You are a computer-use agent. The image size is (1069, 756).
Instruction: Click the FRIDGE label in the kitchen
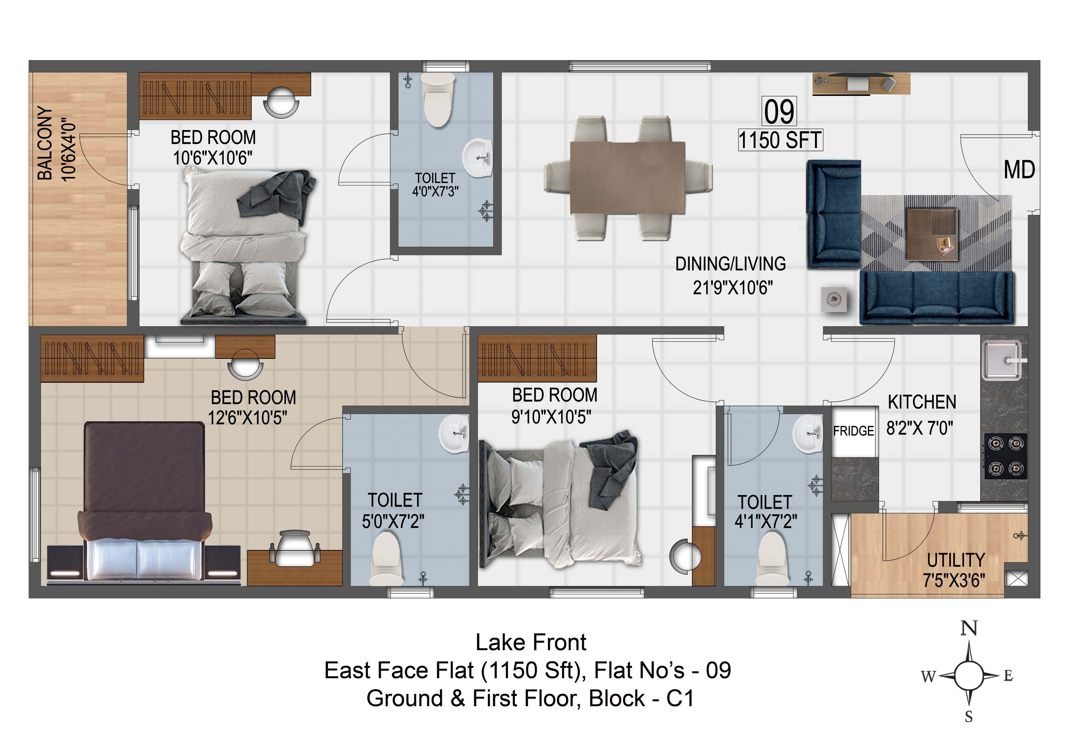[854, 431]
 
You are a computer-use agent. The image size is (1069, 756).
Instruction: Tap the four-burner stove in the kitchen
[1006, 456]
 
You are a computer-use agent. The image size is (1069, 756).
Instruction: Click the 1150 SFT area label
[780, 140]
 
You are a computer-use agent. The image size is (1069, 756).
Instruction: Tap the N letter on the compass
[969, 629]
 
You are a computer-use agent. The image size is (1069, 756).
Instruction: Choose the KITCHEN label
[922, 402]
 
